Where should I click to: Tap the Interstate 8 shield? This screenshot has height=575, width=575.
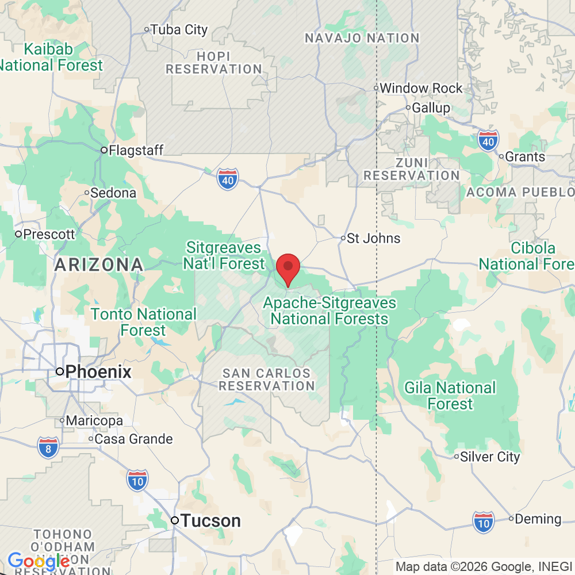(x=48, y=447)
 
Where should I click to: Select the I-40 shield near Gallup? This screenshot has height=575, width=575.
(x=488, y=140)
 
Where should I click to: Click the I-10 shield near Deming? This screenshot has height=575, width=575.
(x=484, y=522)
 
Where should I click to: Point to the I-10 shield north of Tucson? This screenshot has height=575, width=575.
(x=137, y=480)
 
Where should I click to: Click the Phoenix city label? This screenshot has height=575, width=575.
(x=98, y=371)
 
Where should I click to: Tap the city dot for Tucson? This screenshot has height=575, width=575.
(x=175, y=520)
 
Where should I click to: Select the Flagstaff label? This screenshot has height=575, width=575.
(x=136, y=151)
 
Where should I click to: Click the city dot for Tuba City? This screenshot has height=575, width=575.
(x=147, y=29)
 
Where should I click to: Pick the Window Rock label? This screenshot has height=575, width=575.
(x=421, y=88)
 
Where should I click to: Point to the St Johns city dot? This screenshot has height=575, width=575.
(x=343, y=237)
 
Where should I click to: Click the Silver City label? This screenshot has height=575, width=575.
(x=490, y=457)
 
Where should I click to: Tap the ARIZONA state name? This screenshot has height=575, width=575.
(x=98, y=265)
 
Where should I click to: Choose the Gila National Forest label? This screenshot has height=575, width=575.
(x=450, y=396)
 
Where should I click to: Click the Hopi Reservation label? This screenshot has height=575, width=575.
(x=214, y=63)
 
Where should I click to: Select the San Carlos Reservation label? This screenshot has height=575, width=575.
(x=267, y=379)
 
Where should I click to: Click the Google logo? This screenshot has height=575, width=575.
(x=39, y=561)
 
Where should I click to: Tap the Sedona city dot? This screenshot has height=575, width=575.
(x=86, y=193)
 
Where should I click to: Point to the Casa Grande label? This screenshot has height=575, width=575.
(x=133, y=439)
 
